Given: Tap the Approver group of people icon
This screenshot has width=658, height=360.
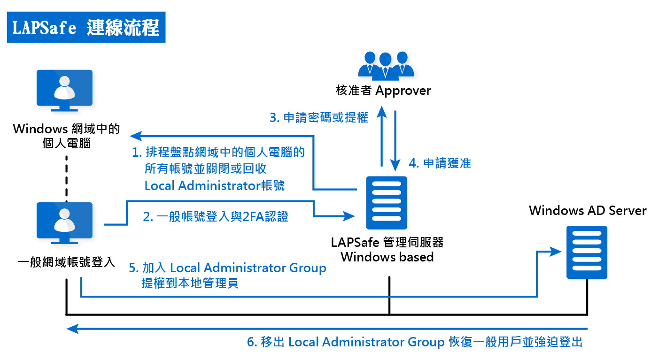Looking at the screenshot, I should [x=386, y=65].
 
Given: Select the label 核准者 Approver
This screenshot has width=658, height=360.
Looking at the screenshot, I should [x=383, y=91].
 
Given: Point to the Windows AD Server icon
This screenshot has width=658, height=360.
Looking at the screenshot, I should [x=587, y=253].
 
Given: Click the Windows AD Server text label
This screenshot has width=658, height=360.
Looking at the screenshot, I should [x=588, y=210].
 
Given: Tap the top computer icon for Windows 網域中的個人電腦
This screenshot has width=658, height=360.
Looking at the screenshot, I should [x=65, y=91].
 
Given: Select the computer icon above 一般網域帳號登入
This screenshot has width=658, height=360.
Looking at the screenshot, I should [x=65, y=223].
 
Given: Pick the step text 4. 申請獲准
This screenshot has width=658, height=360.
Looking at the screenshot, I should [x=440, y=163].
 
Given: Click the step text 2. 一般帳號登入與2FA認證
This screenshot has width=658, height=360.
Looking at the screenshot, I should [x=216, y=216].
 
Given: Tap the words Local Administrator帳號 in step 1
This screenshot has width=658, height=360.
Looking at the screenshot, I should [x=214, y=185].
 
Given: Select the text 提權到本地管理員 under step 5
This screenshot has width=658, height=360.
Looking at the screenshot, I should [x=190, y=283].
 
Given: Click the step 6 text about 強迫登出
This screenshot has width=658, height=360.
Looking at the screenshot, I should [x=415, y=342].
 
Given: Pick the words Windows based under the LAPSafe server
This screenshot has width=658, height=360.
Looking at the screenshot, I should [x=387, y=257].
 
